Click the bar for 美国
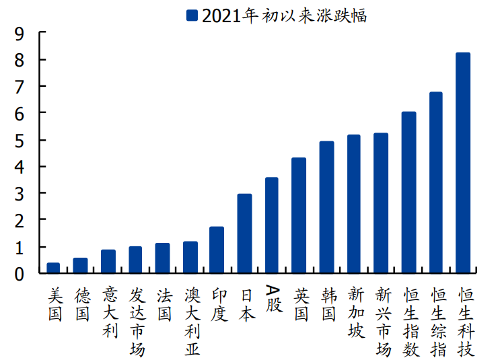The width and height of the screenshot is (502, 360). click(53, 268)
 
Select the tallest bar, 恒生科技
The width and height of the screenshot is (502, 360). click(463, 163)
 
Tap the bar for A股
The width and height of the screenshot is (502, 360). click(272, 225)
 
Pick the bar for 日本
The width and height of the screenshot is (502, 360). click(244, 233)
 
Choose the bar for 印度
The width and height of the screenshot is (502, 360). click(217, 250)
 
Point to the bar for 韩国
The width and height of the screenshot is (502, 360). click(326, 207)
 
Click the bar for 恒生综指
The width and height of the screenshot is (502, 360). click(436, 183)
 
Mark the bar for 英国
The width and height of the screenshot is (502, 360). click(299, 216)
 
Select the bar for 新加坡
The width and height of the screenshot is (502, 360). click(354, 204)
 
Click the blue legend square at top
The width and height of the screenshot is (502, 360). click(192, 15)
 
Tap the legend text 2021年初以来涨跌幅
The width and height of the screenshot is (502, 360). click(284, 15)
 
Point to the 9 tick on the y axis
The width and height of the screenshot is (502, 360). click(42, 32)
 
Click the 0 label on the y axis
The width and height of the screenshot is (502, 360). click(20, 275)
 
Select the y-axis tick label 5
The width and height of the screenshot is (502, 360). click(20, 141)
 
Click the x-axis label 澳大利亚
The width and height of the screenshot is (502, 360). click(192, 322)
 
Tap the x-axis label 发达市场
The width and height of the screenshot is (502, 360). click(137, 322)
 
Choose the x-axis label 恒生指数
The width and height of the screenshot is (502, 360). click(411, 322)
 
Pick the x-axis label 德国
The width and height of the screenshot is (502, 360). click(83, 304)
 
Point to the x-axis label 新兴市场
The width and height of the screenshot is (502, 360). click(384, 322)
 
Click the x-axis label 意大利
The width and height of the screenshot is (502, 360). click(110, 313)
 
